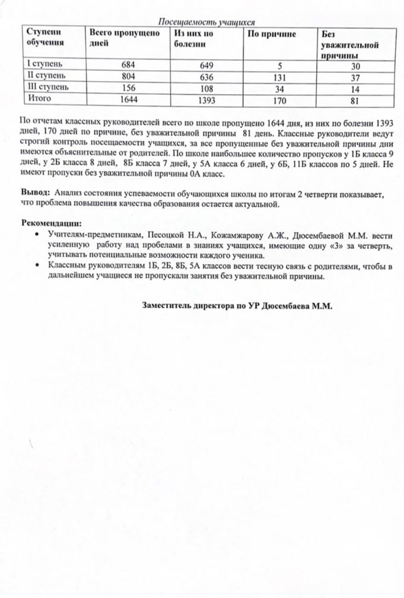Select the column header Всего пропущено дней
[124, 38]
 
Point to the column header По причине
[272, 34]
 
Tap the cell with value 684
[128, 65]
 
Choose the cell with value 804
[128, 77]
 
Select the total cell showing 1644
[128, 99]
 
